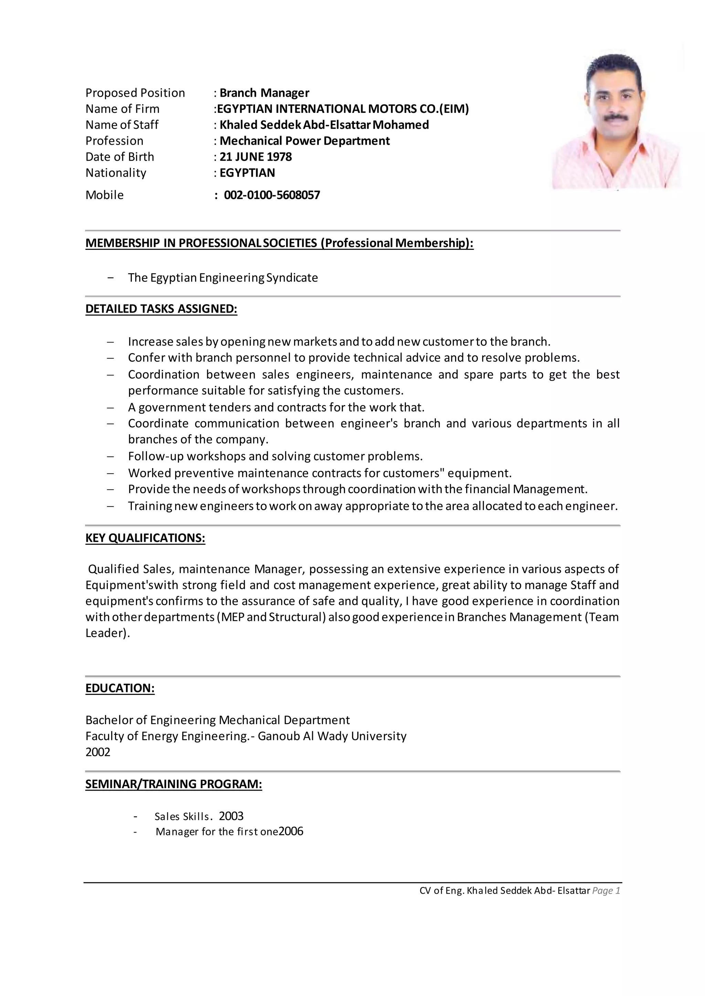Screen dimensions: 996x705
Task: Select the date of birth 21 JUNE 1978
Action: [255, 157]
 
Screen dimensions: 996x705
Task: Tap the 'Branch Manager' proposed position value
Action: [264, 93]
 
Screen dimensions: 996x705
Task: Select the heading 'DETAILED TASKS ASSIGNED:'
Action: [161, 309]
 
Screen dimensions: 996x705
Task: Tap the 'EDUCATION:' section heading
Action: [120, 688]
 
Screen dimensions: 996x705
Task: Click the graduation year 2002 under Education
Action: [98, 752]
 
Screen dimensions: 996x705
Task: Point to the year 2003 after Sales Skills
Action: [231, 816]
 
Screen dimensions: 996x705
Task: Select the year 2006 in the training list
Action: [291, 831]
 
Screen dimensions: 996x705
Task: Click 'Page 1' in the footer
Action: [606, 891]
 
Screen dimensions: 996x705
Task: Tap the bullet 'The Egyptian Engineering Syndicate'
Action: [223, 278]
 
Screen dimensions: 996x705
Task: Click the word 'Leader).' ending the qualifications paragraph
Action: [108, 633]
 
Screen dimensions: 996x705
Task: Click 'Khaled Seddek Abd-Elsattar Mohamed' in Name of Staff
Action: [324, 125]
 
